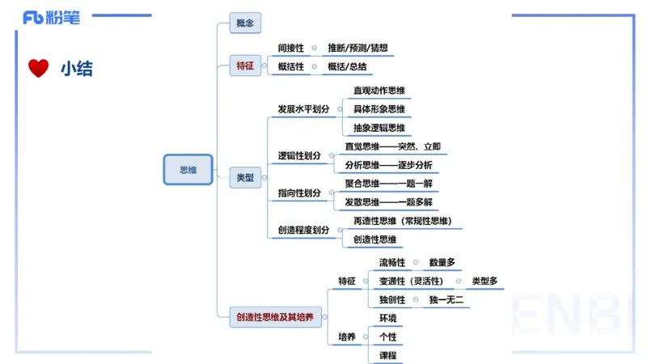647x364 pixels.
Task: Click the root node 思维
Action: (188, 170)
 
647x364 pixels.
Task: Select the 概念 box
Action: (245, 23)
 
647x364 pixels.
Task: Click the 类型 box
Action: (245, 178)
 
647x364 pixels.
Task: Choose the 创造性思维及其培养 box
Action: (276, 317)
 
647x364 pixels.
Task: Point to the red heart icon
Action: (38, 69)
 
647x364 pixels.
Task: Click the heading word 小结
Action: (77, 69)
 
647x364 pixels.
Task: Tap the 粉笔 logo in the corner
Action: (52, 16)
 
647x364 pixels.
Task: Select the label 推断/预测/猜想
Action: (358, 49)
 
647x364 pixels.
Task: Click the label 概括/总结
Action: (347, 66)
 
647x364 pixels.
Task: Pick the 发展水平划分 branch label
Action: (303, 108)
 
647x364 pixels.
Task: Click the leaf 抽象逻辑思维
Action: (379, 128)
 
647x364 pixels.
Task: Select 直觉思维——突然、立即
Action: (393, 146)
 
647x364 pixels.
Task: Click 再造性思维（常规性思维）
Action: (402, 221)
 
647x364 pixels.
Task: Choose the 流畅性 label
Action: (392, 262)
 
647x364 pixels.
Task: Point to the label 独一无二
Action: (446, 300)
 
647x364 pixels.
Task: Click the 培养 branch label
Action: (347, 336)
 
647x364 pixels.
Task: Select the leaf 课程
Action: (388, 355)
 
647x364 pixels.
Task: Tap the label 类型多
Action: (485, 281)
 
